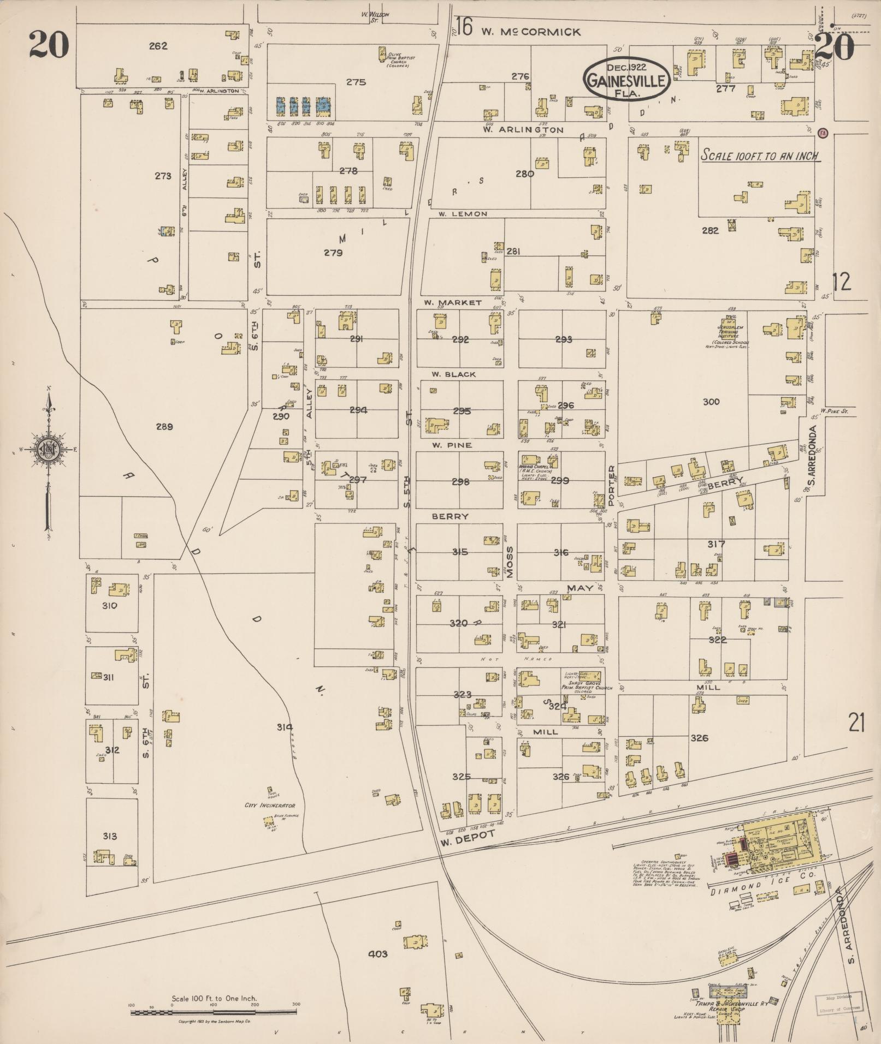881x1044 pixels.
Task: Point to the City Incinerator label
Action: tap(270, 805)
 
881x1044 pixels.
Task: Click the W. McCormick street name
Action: tap(530, 32)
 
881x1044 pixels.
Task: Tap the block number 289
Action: tap(164, 427)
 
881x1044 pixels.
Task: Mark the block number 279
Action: tap(333, 253)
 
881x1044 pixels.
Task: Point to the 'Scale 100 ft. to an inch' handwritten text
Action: tap(760, 156)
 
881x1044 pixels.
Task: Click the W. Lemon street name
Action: tap(462, 214)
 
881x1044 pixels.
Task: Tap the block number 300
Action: tap(711, 402)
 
